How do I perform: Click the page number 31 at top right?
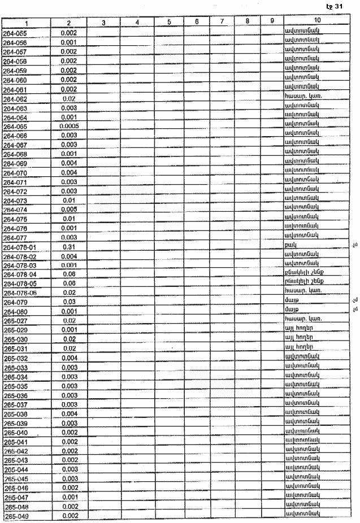coord(338,6)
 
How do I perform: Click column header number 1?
coord(26,23)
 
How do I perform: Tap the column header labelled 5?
coord(170,22)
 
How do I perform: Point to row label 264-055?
coord(15,33)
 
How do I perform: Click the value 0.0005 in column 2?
coord(69,126)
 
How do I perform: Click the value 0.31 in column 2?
coord(68,247)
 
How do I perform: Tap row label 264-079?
coord(15,303)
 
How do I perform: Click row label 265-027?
coord(15,321)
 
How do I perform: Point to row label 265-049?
coord(15,516)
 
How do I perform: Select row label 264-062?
coord(15,99)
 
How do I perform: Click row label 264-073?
coord(15,201)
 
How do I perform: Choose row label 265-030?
coord(15,339)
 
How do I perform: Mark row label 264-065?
coord(15,127)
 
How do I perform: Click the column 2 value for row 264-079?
coord(68,302)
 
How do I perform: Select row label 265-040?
coord(15,433)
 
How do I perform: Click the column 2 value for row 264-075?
coord(68,219)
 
